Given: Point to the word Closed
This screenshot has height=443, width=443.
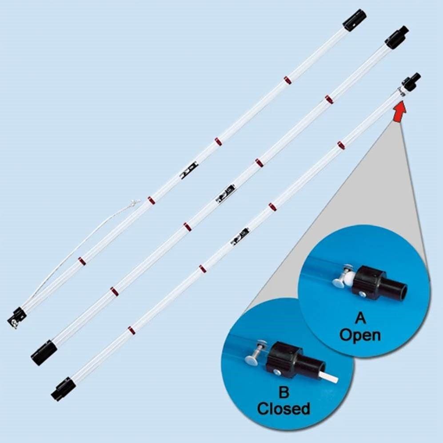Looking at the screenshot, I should pos(283,409).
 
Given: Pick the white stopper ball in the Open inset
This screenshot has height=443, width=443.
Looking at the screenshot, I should pos(350,280).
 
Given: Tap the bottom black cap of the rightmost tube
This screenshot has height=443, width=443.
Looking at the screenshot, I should pos(62,388).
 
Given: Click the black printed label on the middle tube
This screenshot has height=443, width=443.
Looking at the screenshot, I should pos(225,192).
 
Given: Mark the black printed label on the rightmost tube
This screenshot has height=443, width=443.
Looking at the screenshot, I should pos(240,236).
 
